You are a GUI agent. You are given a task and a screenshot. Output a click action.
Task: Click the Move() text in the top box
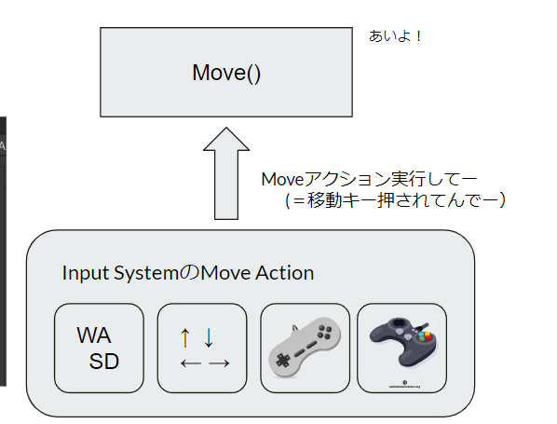[x=226, y=73]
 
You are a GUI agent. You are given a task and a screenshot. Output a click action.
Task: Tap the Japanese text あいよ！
[x=397, y=37]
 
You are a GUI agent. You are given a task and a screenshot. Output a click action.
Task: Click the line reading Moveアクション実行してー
[x=357, y=178]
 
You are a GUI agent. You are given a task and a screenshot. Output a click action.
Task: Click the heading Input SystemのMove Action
[x=187, y=273]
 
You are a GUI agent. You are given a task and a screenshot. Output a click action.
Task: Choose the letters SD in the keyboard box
[x=105, y=361]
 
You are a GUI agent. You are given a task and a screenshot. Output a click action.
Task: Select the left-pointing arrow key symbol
[x=190, y=362]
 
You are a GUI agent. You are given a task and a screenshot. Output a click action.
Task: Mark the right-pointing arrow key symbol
[x=218, y=362]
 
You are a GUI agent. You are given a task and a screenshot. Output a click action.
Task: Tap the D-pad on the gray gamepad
[x=284, y=359]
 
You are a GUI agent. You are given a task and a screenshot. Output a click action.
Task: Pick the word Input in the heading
[x=82, y=273]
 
